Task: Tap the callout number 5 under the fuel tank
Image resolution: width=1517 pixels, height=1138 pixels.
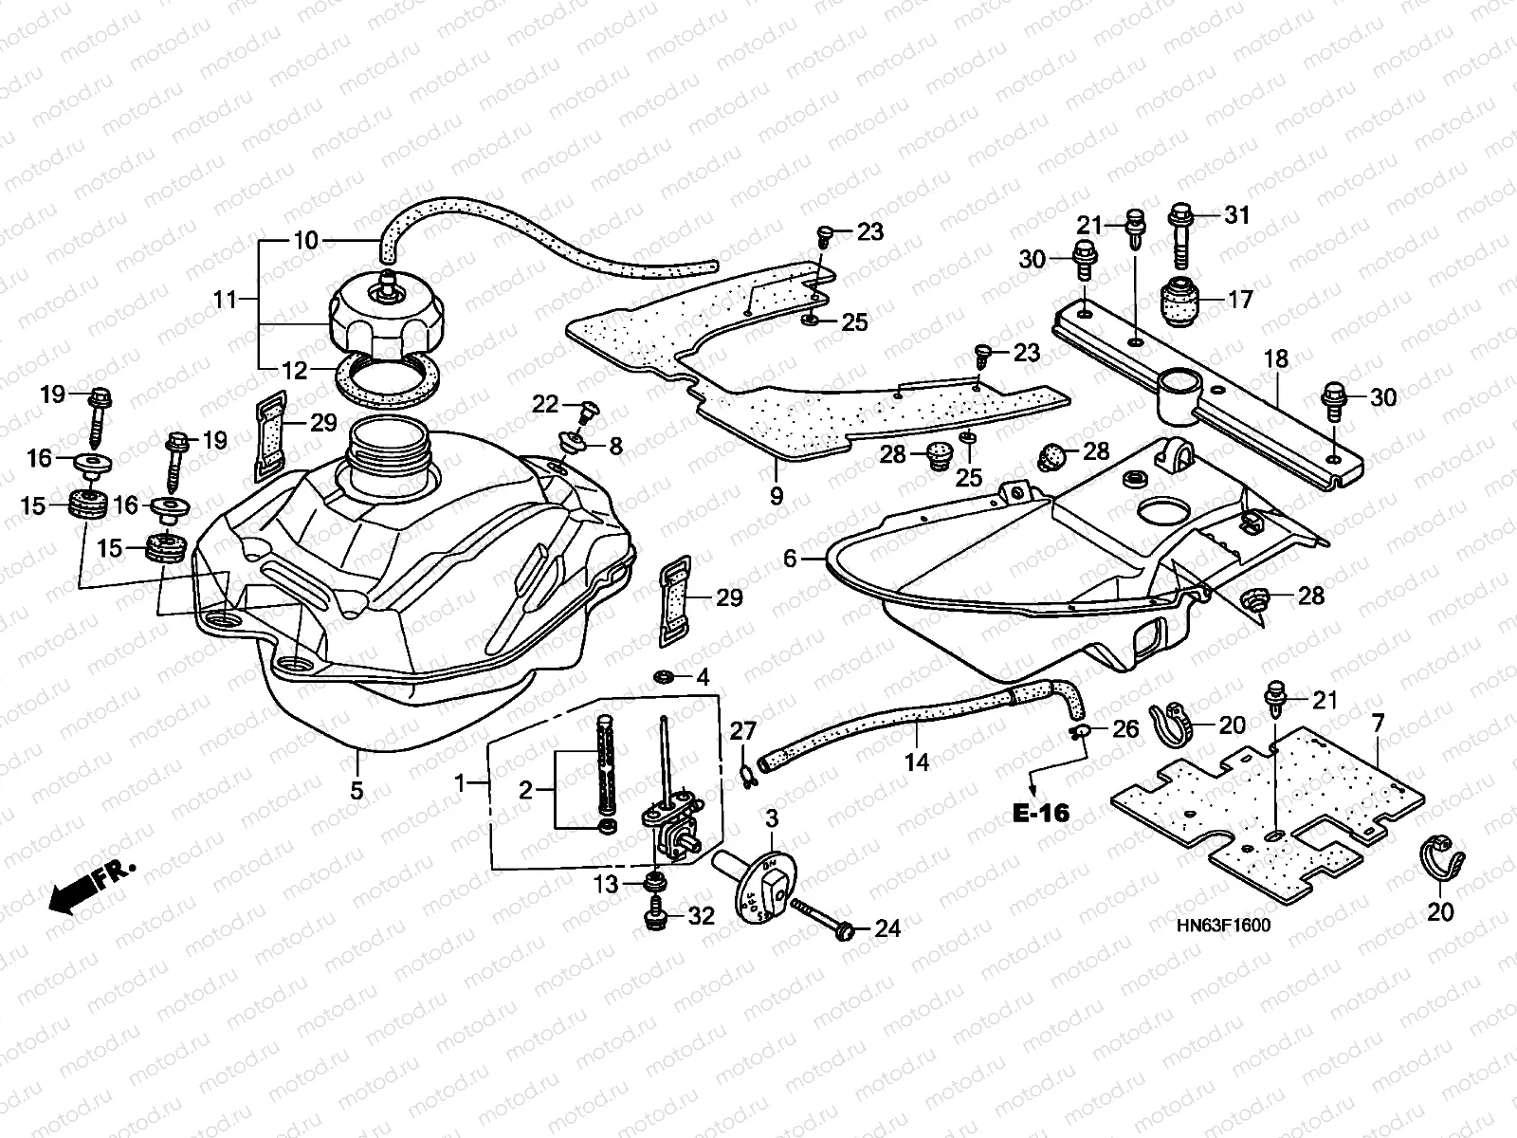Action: pyautogui.click(x=356, y=789)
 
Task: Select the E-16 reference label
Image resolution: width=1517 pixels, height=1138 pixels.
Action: pyautogui.click(x=1040, y=813)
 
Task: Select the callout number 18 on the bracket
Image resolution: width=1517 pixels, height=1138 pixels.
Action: pyautogui.click(x=1276, y=359)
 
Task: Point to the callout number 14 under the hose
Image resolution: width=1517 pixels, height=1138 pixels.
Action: pyautogui.click(x=917, y=761)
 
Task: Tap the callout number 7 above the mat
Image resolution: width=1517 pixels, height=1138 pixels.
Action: pyautogui.click(x=1378, y=724)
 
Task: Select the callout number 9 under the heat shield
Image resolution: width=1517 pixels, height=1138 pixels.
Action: pyautogui.click(x=777, y=494)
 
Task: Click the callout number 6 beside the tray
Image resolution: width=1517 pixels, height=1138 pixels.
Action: pyautogui.click(x=791, y=560)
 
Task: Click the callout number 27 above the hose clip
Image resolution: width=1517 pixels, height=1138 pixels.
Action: pyautogui.click(x=743, y=729)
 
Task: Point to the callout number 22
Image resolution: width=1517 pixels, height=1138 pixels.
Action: pyautogui.click(x=545, y=404)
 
